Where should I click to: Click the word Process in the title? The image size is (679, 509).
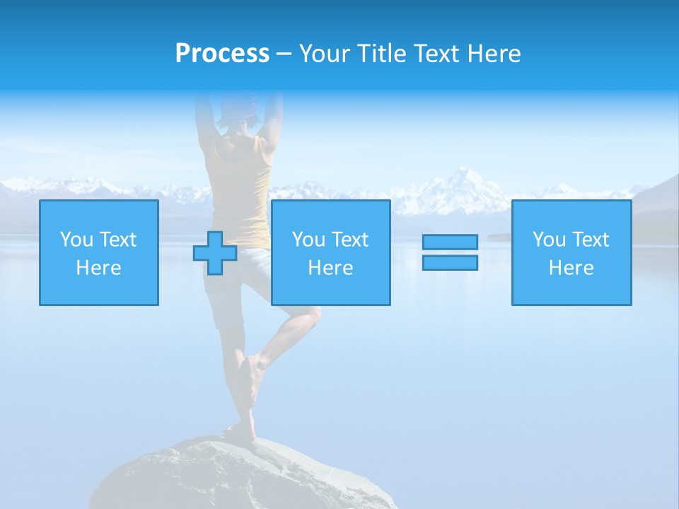222,54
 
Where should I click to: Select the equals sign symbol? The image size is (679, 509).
450,252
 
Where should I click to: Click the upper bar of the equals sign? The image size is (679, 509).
450,242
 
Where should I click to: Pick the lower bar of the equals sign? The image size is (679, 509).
450,262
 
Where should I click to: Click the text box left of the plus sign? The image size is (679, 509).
99,252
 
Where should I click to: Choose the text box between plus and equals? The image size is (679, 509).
330,252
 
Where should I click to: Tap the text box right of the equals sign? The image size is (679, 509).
571,252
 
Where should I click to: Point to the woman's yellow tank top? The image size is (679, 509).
244,184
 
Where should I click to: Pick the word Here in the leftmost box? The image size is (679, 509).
99,268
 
